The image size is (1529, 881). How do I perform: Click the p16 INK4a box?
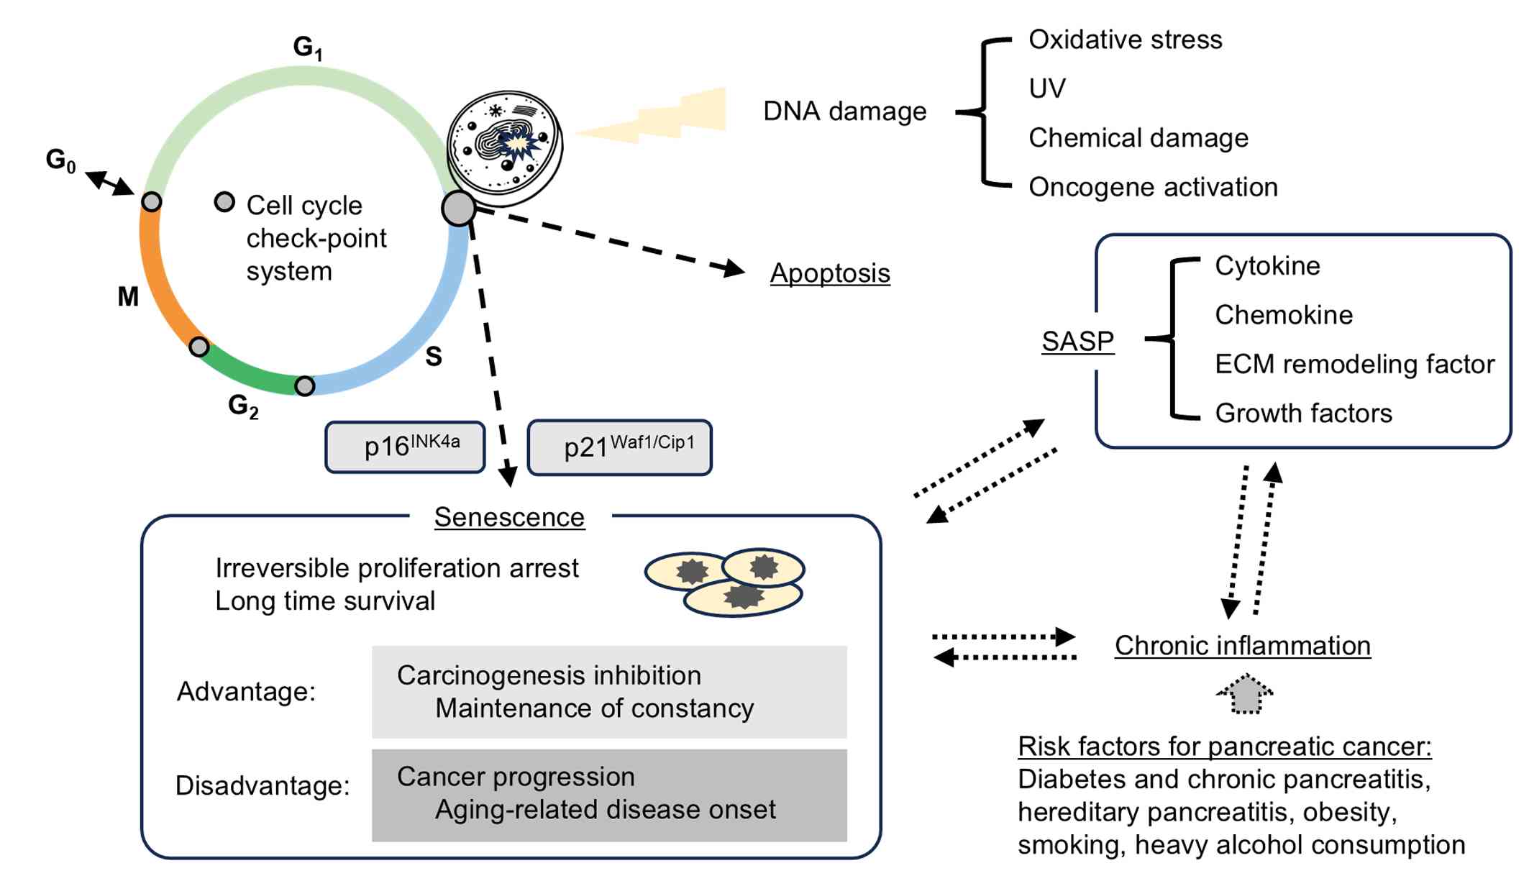click(405, 447)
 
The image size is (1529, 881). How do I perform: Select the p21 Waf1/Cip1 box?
click(619, 447)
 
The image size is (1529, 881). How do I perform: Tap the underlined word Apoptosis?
click(829, 273)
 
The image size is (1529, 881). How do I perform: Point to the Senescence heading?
click(509, 517)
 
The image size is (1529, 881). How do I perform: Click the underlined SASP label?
click(1077, 341)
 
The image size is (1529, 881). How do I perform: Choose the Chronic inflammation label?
click(1242, 645)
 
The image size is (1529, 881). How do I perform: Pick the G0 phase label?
click(60, 160)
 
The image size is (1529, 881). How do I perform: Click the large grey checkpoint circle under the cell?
click(459, 209)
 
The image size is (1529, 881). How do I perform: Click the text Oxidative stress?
click(1125, 40)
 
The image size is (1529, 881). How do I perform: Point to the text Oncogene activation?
click(1153, 187)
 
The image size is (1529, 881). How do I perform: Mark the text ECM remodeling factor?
click(1354, 364)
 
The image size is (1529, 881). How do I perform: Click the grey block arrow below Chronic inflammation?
click(1245, 694)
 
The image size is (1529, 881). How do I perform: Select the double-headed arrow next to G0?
click(109, 183)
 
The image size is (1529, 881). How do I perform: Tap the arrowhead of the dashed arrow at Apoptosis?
click(734, 269)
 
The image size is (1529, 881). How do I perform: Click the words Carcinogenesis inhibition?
click(549, 675)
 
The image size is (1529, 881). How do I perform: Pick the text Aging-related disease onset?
click(605, 809)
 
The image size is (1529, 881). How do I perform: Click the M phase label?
click(128, 296)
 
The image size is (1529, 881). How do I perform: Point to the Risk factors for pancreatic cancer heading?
click(1224, 746)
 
